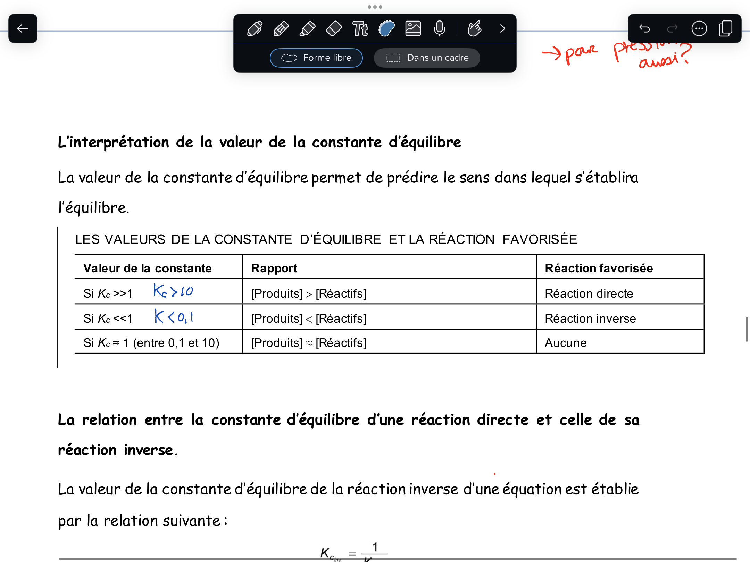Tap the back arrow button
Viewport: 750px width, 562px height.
(23, 28)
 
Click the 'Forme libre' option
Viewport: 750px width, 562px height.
(316, 58)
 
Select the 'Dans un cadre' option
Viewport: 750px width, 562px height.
(427, 58)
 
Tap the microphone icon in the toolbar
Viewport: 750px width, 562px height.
(439, 28)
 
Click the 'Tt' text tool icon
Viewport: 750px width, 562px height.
(360, 28)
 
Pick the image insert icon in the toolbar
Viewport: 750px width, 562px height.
(413, 28)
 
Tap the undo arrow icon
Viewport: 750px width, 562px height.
(644, 28)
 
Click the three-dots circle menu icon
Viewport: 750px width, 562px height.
(699, 28)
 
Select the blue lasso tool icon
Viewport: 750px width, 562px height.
(386, 28)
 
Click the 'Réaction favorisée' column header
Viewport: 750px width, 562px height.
(599, 268)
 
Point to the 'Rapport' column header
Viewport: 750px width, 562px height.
(274, 268)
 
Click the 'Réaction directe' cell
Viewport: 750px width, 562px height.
(589, 293)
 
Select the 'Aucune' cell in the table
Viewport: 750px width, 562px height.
(566, 343)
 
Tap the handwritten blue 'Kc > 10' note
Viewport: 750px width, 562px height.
(173, 291)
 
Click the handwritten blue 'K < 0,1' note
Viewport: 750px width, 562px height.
(174, 316)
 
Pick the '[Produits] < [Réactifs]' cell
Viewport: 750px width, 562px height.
(309, 318)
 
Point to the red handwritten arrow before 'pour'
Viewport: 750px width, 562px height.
(551, 53)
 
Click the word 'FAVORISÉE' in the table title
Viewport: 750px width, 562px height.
(540, 239)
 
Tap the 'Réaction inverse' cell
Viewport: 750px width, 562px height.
(590, 318)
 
